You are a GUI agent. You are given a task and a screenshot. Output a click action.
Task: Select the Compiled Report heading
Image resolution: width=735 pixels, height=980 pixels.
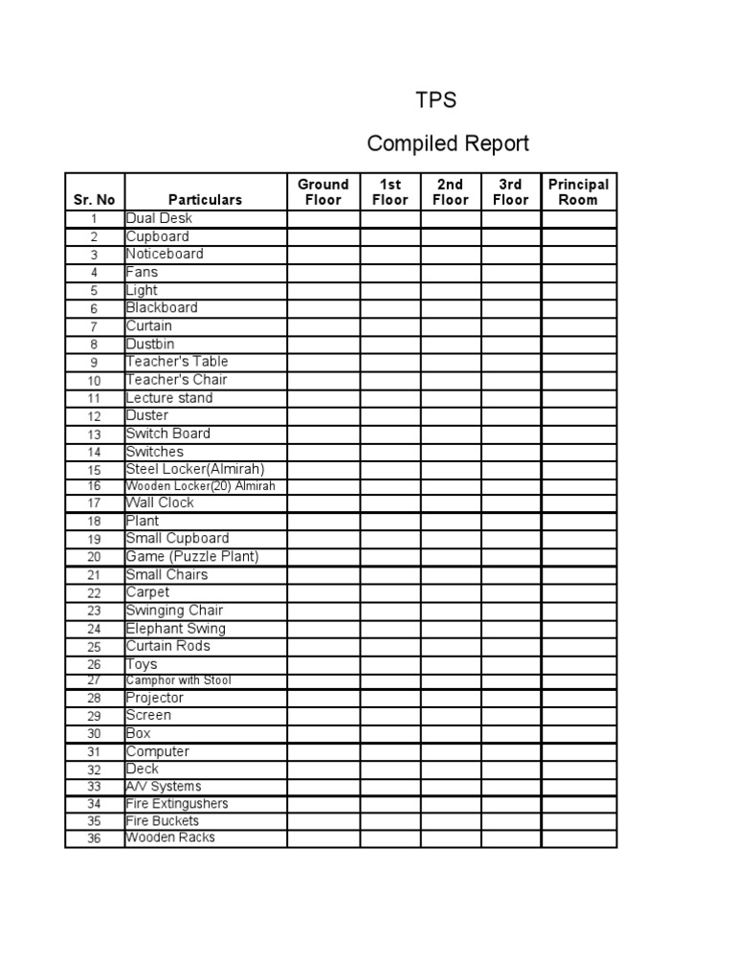pyautogui.click(x=448, y=144)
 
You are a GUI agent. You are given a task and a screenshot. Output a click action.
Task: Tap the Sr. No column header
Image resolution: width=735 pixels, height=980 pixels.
pyautogui.click(x=94, y=200)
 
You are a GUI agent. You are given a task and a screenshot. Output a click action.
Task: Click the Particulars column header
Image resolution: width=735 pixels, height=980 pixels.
pyautogui.click(x=205, y=200)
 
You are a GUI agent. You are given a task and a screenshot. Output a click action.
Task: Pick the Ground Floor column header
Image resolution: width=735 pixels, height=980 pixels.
pyautogui.click(x=323, y=191)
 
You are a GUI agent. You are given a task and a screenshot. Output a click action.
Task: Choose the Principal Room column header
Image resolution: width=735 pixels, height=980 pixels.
pyautogui.click(x=578, y=191)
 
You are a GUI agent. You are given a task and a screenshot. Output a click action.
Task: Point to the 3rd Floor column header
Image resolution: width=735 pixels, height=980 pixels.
pyautogui.click(x=511, y=191)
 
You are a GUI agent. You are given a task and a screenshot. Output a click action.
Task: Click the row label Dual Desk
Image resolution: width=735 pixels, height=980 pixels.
pyautogui.click(x=159, y=218)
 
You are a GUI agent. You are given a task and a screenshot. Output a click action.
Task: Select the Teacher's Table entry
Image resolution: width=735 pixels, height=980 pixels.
pyautogui.click(x=177, y=362)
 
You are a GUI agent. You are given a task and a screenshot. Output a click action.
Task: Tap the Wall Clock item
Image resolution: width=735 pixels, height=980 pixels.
pyautogui.click(x=160, y=502)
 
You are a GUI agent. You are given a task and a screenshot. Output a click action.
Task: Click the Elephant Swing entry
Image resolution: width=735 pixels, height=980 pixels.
pyautogui.click(x=176, y=629)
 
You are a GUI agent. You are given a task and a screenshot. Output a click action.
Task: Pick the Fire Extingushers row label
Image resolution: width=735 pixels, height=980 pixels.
pyautogui.click(x=177, y=804)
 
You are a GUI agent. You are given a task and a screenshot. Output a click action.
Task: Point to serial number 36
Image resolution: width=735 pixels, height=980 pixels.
pyautogui.click(x=94, y=839)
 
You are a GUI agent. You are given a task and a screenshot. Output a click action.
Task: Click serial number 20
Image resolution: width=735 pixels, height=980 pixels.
pyautogui.click(x=94, y=557)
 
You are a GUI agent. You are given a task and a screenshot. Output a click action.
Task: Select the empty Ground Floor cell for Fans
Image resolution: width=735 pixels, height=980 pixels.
pyautogui.click(x=323, y=273)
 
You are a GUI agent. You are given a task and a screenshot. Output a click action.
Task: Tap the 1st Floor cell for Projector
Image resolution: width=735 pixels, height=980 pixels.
pyautogui.click(x=390, y=699)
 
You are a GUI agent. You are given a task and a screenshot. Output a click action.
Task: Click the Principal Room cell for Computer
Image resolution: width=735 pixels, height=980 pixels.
pyautogui.click(x=578, y=752)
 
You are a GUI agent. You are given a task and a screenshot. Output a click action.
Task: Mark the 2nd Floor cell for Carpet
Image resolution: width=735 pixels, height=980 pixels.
pyautogui.click(x=451, y=592)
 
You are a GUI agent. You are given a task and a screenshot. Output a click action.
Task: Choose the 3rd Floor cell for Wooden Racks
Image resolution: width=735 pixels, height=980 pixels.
pyautogui.click(x=511, y=838)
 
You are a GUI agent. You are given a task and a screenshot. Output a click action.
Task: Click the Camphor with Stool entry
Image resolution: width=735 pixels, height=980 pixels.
pyautogui.click(x=178, y=680)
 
